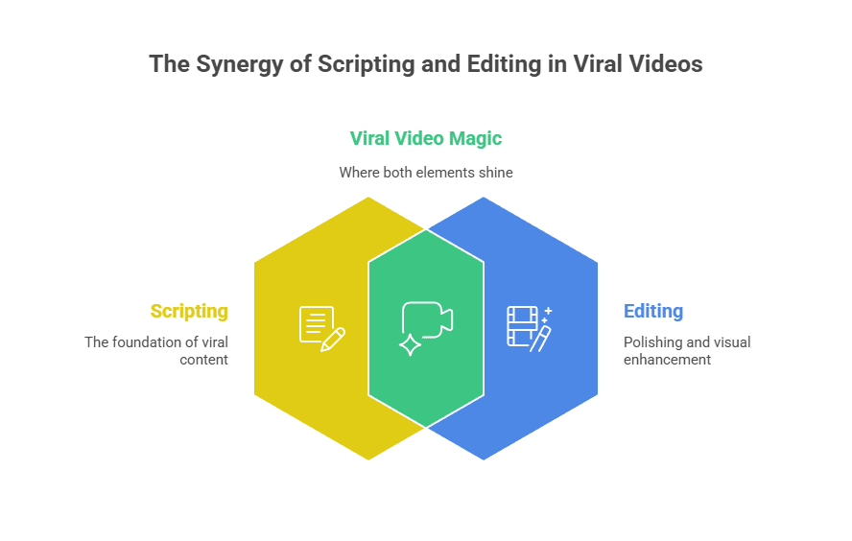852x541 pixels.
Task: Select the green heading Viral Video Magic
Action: coord(425,138)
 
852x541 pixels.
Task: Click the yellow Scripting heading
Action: coord(189,311)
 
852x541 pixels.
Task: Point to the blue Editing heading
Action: coord(653,311)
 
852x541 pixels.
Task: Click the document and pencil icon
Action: coord(321,327)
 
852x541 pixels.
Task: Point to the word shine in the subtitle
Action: coord(494,173)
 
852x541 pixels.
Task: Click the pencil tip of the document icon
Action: coord(323,348)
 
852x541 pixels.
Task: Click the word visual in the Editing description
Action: coord(731,342)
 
